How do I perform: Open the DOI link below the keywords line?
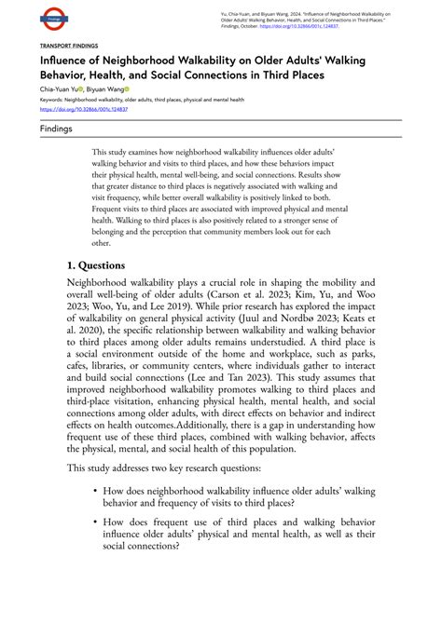(x=83, y=109)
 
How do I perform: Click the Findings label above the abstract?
(x=56, y=129)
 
